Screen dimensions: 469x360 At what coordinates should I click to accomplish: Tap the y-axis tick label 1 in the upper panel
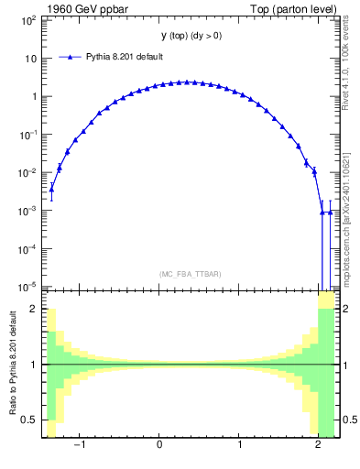[33, 96]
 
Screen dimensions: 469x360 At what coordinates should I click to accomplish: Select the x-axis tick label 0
[160, 446]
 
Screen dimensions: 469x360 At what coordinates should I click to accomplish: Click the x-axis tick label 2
[318, 446]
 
